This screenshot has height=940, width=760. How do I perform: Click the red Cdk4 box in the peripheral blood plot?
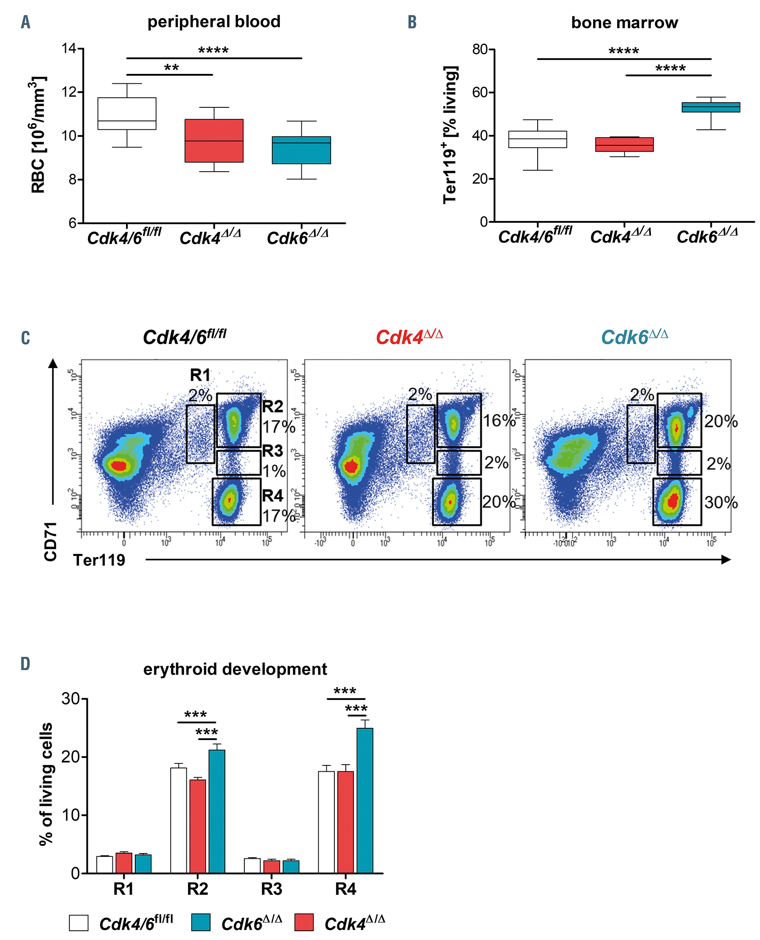click(213, 141)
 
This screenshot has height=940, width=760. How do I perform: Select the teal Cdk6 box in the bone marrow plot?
click(711, 107)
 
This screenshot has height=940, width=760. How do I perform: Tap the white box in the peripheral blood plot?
click(127, 113)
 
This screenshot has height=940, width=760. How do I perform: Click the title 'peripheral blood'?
click(213, 22)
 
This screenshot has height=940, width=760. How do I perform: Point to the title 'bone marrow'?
click(624, 22)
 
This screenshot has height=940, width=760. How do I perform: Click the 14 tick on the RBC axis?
click(69, 48)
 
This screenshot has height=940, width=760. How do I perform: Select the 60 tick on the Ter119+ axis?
click(480, 93)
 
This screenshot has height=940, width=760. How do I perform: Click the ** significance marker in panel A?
click(171, 68)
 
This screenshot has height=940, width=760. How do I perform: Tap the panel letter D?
click(25, 664)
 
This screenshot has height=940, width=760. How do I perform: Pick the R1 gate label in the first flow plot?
click(200, 375)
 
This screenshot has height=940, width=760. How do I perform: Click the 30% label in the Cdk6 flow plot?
click(721, 502)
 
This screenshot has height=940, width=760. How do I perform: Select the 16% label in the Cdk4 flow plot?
click(499, 421)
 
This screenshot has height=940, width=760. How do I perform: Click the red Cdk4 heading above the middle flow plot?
click(409, 337)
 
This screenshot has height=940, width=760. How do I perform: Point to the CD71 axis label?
click(51, 541)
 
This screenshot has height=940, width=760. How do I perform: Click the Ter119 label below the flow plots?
click(99, 560)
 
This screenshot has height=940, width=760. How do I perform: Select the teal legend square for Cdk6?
click(201, 922)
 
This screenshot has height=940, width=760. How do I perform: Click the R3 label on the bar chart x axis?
click(271, 889)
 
